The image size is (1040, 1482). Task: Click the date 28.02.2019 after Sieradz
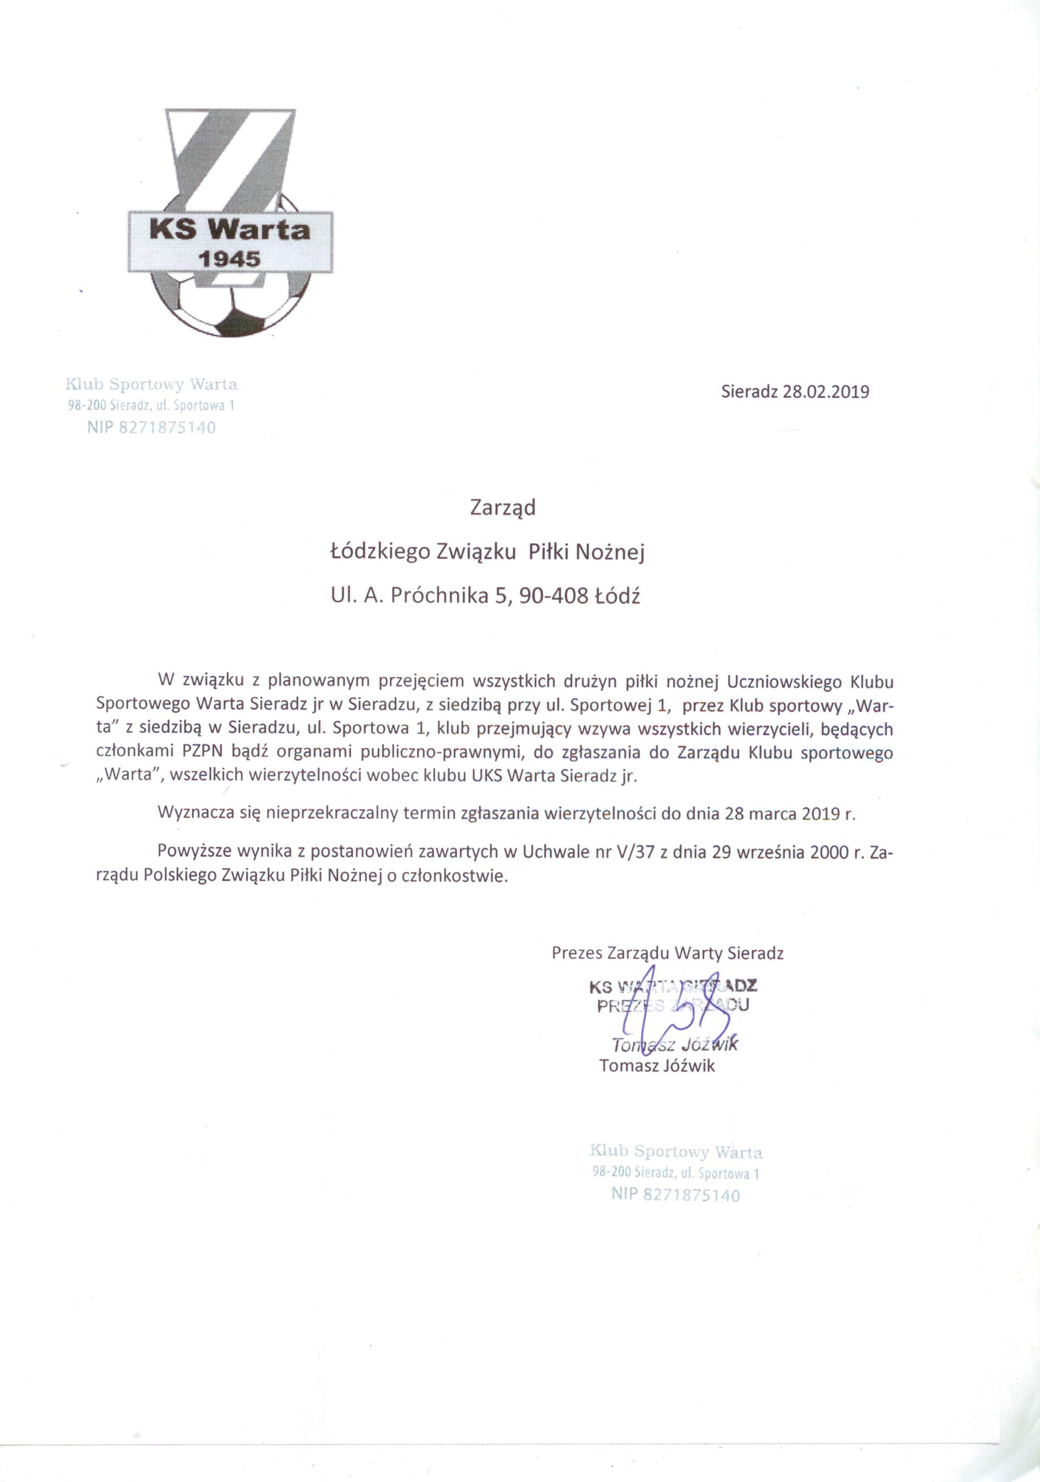pos(826,392)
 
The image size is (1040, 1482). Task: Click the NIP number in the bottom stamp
pos(691,1195)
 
